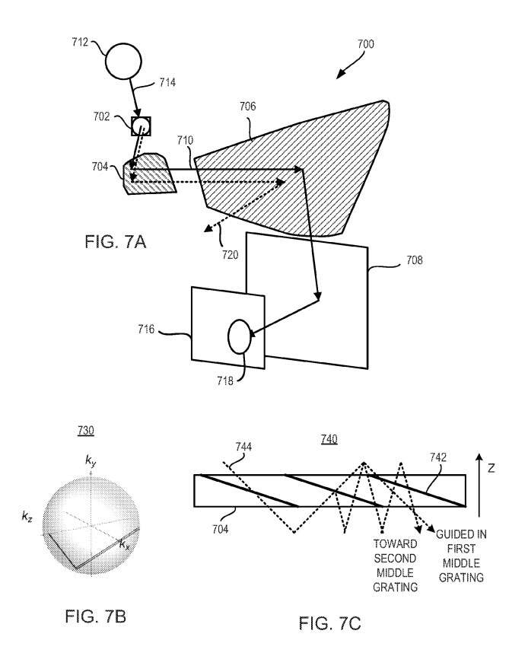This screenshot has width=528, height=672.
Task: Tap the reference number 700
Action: pos(366,44)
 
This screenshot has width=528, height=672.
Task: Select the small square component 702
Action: pos(141,126)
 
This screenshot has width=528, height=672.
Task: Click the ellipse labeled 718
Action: pos(240,336)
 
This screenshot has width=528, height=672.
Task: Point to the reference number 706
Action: pos(247,106)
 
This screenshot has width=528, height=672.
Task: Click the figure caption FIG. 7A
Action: pos(116,242)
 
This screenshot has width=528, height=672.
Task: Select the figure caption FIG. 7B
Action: pos(96,616)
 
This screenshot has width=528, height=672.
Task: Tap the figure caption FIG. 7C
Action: pos(329,623)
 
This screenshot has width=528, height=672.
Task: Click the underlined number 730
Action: pos(86,430)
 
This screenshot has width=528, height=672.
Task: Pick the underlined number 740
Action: pos(329,439)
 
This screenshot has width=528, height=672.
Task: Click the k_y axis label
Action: pos(91,461)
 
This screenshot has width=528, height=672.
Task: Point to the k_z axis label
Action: pos(27,517)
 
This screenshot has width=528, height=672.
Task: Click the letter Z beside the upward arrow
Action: pos(491,469)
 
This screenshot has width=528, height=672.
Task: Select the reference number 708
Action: pos(415,260)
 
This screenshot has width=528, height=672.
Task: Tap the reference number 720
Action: pos(230,255)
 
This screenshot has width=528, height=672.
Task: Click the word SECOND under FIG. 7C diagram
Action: pos(395,559)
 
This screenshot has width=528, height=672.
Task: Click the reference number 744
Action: pos(243,447)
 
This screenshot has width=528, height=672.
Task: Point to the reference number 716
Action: pos(146,329)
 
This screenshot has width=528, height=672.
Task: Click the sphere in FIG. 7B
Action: pos(91,524)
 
